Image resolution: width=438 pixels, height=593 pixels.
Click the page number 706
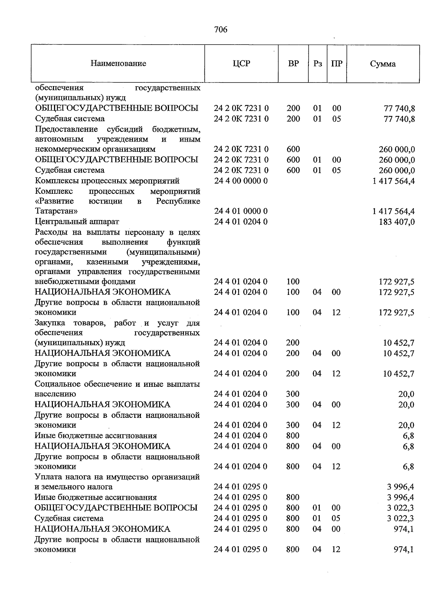tap(221, 29)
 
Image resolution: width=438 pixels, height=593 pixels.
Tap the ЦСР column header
tap(241, 63)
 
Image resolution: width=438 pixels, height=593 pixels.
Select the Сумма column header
tap(383, 64)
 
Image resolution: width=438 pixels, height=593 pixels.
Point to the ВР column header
tap(293, 63)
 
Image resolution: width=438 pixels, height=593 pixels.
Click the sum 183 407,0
tap(397, 222)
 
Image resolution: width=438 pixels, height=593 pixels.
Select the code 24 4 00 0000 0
tap(241, 181)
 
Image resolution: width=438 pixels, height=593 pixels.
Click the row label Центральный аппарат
tap(77, 222)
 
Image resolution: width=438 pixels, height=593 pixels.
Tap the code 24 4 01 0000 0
tap(241, 211)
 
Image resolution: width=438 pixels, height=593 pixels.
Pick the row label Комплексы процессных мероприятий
tap(107, 181)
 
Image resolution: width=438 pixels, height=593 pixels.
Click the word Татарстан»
tap(56, 211)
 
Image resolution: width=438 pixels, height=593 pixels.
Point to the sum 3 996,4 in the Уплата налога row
tap(400, 487)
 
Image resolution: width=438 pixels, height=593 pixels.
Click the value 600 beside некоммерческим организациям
tap(293, 149)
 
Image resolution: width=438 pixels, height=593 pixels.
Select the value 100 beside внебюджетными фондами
tap(293, 281)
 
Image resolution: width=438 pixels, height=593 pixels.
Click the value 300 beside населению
tap(293, 394)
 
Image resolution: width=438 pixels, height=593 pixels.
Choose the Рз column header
tap(318, 63)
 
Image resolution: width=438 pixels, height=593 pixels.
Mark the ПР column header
tap(337, 63)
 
